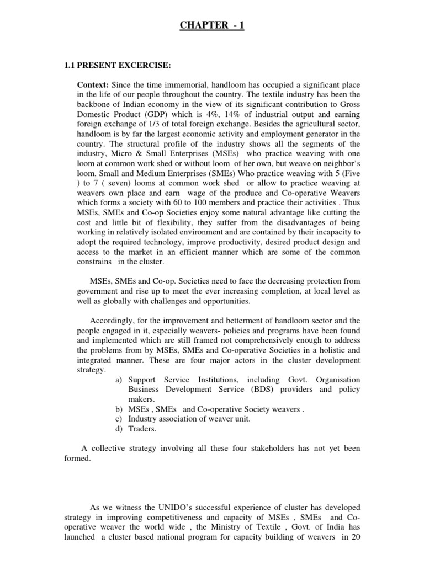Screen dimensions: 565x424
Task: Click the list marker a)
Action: pyautogui.click(x=120, y=380)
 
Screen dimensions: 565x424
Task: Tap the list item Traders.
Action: pyautogui.click(x=143, y=428)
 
